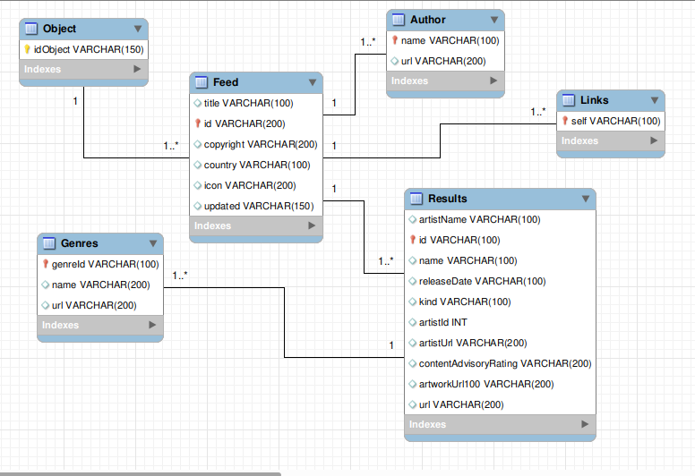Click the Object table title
[59, 29]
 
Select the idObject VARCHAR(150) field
[89, 49]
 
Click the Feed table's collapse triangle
[313, 82]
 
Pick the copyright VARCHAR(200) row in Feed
[261, 144]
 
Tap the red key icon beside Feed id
[198, 123]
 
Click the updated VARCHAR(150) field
[259, 206]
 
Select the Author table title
[428, 20]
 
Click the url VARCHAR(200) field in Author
[443, 61]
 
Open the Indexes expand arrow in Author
[493, 81]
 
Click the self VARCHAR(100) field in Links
[615, 121]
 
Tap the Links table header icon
[569, 100]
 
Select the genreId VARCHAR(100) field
[105, 264]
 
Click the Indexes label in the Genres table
[60, 325]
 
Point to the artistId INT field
[442, 322]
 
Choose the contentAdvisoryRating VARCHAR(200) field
[505, 363]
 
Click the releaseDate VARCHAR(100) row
[482, 281]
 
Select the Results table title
[447, 199]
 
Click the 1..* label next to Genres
[180, 276]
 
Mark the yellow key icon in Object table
[27, 49]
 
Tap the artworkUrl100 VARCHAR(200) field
[486, 384]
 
